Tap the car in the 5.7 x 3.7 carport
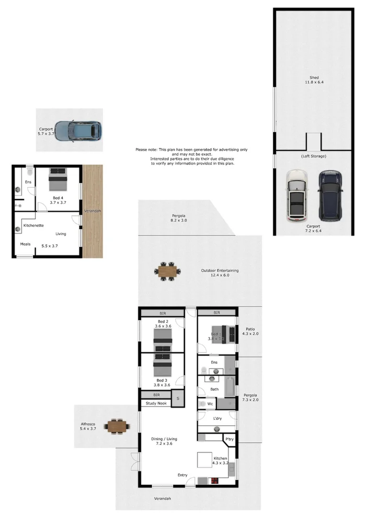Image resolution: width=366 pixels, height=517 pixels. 78,131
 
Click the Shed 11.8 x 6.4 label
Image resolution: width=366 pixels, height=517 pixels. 314,80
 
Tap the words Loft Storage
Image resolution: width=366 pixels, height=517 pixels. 314,157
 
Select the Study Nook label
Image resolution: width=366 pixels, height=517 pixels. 155,404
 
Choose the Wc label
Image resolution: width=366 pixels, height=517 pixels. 210,404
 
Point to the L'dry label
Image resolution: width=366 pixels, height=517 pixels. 217,419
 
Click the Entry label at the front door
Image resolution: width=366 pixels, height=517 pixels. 183,475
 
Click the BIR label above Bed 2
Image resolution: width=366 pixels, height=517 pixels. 162,313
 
